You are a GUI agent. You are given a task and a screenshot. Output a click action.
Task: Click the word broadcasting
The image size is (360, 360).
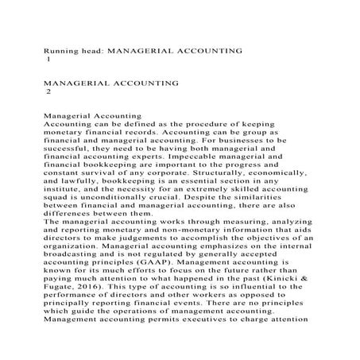pyautogui.click(x=78, y=247)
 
